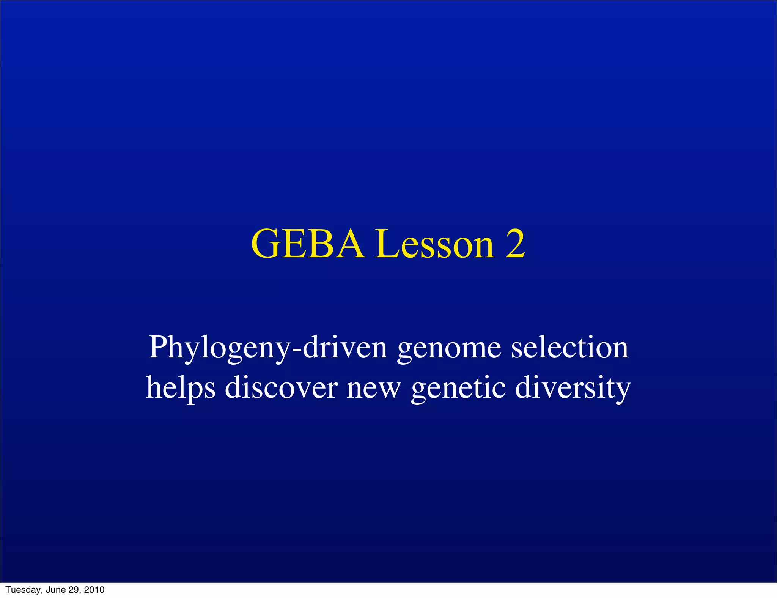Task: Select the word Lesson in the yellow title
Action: (x=435, y=244)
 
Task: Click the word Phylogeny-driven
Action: (x=268, y=347)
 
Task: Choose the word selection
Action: (x=569, y=347)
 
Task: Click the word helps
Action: (x=181, y=388)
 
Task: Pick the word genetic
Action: (x=458, y=388)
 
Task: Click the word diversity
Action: (x=573, y=388)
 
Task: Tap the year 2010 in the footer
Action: (x=94, y=590)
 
